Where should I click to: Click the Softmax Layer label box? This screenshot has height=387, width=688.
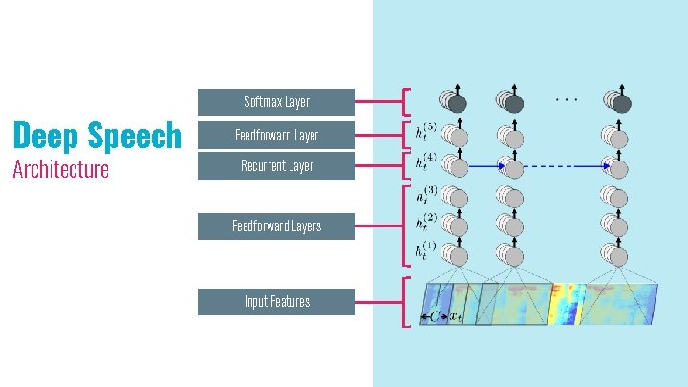[276, 101]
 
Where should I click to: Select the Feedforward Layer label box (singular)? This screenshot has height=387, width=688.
[276, 135]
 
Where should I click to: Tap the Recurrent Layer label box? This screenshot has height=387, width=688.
[276, 166]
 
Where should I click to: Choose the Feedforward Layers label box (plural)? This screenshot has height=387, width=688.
[276, 226]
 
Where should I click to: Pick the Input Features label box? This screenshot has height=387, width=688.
[276, 302]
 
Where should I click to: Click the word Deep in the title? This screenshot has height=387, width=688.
[43, 137]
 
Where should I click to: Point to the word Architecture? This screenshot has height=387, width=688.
[59, 170]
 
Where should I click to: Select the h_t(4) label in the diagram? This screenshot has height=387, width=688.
[426, 161]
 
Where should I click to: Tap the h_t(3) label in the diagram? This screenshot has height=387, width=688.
[426, 195]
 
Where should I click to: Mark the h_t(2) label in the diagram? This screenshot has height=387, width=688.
[426, 224]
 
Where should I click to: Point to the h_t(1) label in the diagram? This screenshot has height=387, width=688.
[426, 251]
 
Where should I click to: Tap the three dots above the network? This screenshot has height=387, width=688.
[566, 97]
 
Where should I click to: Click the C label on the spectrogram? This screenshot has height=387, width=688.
[436, 315]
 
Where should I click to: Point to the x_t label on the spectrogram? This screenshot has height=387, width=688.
[457, 315]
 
